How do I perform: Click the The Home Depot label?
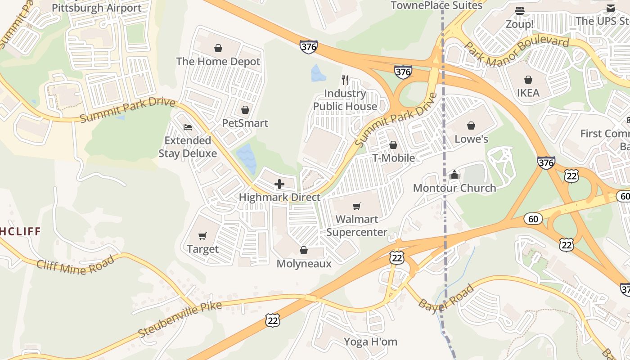click(x=218, y=62)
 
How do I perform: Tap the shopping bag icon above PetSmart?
click(x=245, y=110)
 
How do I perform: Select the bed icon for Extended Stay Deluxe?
click(x=188, y=127)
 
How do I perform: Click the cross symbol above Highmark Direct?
click(x=279, y=184)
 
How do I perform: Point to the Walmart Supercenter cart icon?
click(x=357, y=206)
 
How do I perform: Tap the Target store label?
click(x=202, y=249)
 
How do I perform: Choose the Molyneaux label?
click(x=304, y=264)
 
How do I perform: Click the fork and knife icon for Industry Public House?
click(x=345, y=80)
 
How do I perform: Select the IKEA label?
click(x=528, y=93)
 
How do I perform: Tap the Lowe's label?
click(x=471, y=139)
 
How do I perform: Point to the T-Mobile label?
click(x=393, y=158)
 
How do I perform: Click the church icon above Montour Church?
click(x=454, y=175)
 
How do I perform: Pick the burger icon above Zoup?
click(x=520, y=11)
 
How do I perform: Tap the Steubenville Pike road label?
click(x=180, y=319)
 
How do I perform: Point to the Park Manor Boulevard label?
click(x=517, y=48)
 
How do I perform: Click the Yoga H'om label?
click(x=371, y=342)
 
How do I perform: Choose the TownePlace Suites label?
click(x=436, y=5)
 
